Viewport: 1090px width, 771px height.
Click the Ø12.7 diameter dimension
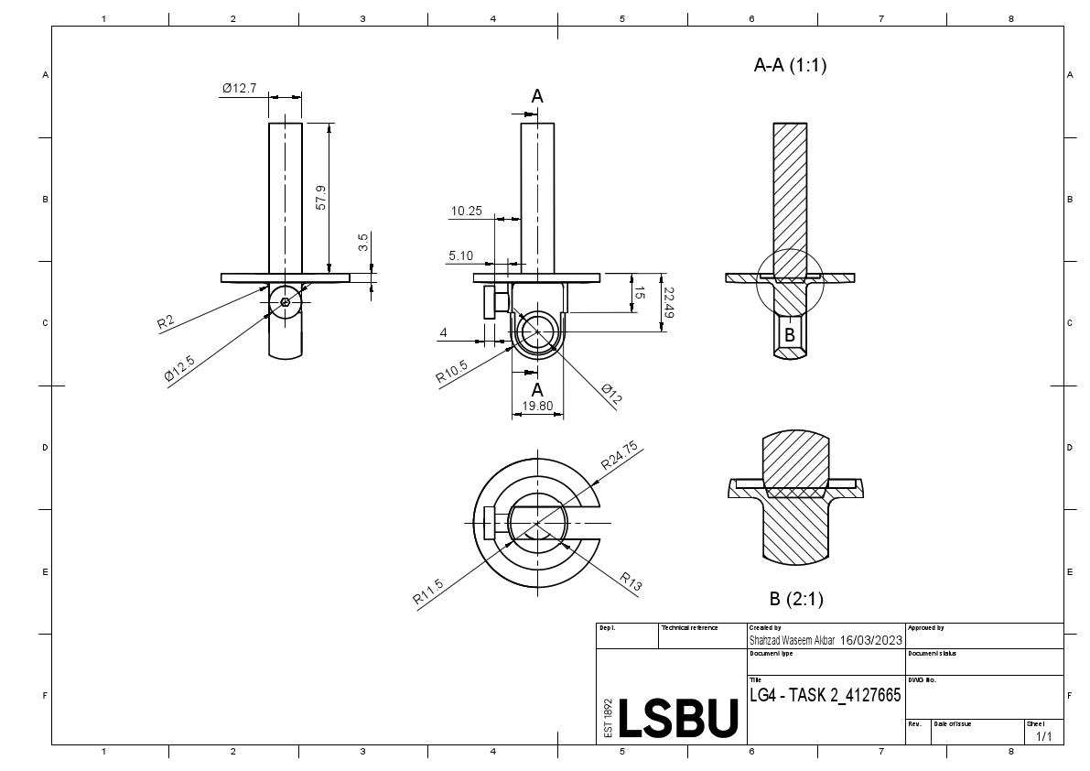(x=240, y=89)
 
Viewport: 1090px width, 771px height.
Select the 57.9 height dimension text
(x=320, y=198)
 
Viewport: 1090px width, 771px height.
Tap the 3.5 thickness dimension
(x=363, y=243)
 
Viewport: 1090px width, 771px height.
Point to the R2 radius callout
(x=166, y=321)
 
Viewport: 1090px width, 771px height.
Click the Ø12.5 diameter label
(x=179, y=368)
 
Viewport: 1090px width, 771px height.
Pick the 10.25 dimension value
(x=466, y=212)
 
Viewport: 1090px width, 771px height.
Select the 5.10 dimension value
(x=461, y=256)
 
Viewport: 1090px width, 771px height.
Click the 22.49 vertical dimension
(x=668, y=302)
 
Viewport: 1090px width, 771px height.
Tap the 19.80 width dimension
(x=537, y=406)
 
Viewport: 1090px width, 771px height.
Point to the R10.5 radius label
(x=452, y=372)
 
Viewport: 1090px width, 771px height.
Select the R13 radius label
(x=631, y=583)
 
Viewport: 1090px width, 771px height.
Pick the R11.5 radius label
(x=428, y=592)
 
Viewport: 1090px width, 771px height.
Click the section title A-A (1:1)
(x=789, y=65)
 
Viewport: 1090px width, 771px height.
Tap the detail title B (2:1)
(x=796, y=600)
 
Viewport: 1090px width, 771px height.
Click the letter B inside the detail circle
(x=790, y=335)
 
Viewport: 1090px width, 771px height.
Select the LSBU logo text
(x=678, y=719)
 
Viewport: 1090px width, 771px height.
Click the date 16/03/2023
(x=871, y=640)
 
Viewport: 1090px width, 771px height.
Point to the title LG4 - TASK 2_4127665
(x=825, y=696)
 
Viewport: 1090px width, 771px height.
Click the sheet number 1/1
(x=1042, y=736)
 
